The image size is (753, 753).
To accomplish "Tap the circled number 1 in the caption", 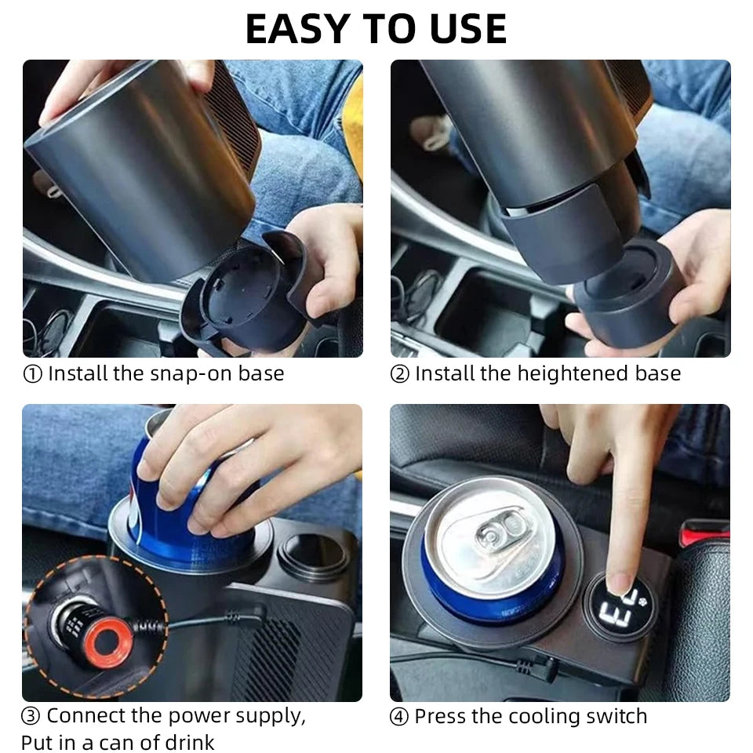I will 33,374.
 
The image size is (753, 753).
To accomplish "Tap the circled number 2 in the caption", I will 399,374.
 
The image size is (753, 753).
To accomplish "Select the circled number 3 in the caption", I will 31,716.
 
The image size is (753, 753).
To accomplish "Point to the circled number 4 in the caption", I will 399,717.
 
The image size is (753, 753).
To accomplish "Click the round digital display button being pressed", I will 619,606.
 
